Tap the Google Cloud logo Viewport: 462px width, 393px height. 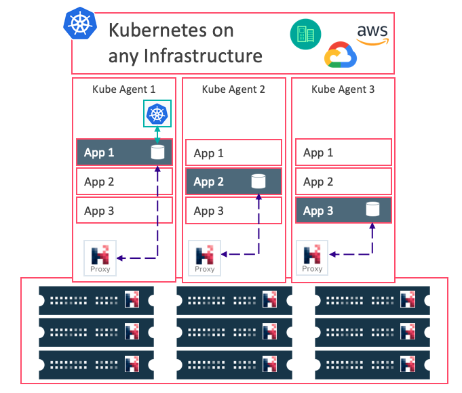click(341, 55)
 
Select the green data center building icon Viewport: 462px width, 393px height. click(305, 34)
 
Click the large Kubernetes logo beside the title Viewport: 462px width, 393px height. click(80, 23)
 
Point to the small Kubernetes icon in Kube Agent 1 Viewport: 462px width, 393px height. click(157, 114)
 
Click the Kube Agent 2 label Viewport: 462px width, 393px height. click(233, 89)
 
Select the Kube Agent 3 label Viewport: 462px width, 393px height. click(343, 89)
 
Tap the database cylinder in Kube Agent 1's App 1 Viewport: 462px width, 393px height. click(157, 152)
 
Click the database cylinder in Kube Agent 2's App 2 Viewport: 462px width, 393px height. click(258, 182)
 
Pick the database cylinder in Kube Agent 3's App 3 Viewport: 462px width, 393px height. click(372, 209)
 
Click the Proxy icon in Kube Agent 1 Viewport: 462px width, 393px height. click(100, 258)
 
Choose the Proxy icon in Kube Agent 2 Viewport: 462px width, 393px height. click(204, 258)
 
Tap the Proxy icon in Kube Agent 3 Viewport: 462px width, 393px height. click(312, 258)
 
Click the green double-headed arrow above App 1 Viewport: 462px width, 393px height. click(157, 135)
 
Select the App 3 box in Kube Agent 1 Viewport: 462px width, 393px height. click(124, 210)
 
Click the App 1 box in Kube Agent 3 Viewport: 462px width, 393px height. click(343, 152)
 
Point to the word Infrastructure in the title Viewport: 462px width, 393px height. click(203, 56)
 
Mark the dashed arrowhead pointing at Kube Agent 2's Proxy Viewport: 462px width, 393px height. click(224, 254)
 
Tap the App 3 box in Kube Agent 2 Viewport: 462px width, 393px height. click(233, 211)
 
